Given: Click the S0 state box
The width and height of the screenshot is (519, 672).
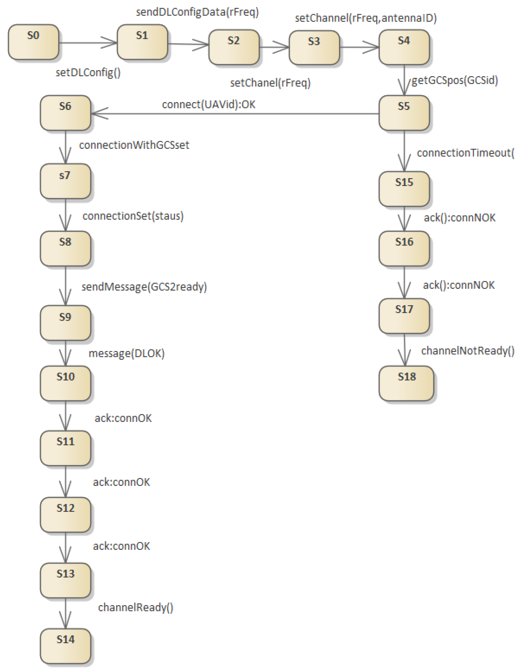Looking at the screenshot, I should tap(33, 42).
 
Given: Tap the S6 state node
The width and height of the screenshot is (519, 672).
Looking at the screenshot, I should tap(65, 113).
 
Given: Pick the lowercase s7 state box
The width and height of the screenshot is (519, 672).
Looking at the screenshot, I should tap(65, 181).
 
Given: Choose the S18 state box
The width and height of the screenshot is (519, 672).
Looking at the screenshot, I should tap(406, 383).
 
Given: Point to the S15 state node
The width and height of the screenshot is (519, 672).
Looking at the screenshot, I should tap(404, 189).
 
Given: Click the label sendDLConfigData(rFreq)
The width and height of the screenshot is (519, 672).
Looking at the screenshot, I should tap(197, 12).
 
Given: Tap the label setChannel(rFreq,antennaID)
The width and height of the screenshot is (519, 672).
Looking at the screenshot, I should tap(366, 18).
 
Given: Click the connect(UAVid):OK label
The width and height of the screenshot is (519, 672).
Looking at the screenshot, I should tap(208, 105).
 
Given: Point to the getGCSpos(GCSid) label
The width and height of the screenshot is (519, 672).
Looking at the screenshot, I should tap(454, 80).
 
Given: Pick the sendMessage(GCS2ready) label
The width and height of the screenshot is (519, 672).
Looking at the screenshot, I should tap(144, 287).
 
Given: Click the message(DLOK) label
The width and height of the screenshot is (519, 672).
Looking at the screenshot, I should tap(126, 354).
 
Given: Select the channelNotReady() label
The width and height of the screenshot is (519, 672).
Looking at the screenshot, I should tap(467, 351).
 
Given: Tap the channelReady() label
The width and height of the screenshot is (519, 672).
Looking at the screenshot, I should tap(135, 607).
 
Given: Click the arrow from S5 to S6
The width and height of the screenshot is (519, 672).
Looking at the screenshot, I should tap(234, 114).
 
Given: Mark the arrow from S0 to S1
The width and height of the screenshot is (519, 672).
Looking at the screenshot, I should tap(88, 43).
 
